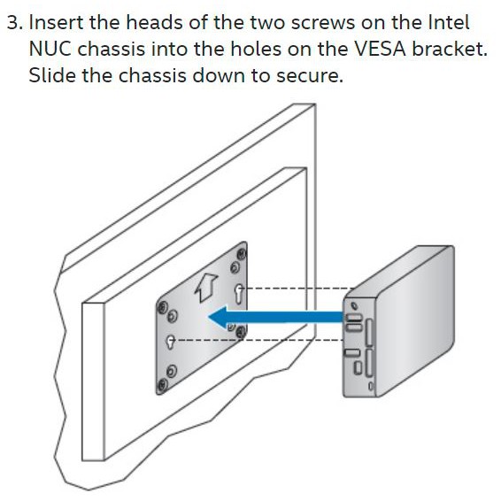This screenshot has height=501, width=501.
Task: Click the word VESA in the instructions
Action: pyautogui.click(x=380, y=49)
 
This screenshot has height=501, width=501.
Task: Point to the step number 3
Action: pyautogui.click(x=15, y=22)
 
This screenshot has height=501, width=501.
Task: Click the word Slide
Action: pyautogui.click(x=52, y=75)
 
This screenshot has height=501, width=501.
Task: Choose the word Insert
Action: pyautogui.click(x=56, y=22)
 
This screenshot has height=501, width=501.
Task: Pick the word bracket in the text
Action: pyautogui.click(x=450, y=49)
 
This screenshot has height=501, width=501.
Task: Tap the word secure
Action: pyautogui.click(x=310, y=77)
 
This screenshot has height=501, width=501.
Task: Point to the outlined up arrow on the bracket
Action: pyautogui.click(x=206, y=288)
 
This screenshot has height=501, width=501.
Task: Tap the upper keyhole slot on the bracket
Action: pyautogui.click(x=239, y=294)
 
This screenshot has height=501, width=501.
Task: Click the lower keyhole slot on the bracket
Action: pyautogui.click(x=170, y=342)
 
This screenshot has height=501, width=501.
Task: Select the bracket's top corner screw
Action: pyautogui.click(x=242, y=254)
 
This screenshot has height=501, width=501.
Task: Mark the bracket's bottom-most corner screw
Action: pyautogui.click(x=162, y=385)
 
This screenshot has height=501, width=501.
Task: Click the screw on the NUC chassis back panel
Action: pyautogui.click(x=354, y=305)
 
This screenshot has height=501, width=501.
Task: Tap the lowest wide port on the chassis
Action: pyautogui.click(x=352, y=353)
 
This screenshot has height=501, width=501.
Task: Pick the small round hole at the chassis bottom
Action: pyautogui.click(x=371, y=386)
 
